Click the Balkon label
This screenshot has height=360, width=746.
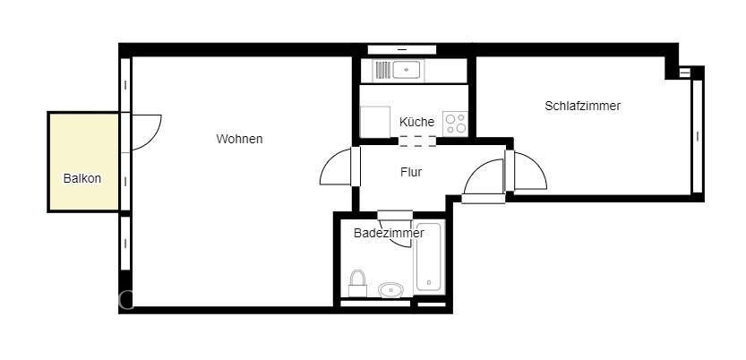coord(82,178)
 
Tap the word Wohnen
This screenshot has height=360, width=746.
coord(239,139)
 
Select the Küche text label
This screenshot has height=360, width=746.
coord(416,122)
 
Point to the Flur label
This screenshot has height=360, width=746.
coord(411,172)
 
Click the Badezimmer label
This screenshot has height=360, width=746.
coord(389,233)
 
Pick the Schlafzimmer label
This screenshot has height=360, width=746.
coord(582,106)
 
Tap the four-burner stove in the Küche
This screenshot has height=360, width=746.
coord(454,123)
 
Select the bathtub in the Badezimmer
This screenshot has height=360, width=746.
coord(429,257)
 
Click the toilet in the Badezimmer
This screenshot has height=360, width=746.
coord(358,283)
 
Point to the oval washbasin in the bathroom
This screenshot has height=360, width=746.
coord(390,289)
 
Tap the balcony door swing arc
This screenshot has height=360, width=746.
coord(145,132)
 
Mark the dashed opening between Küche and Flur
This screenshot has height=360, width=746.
coord(417,141)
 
